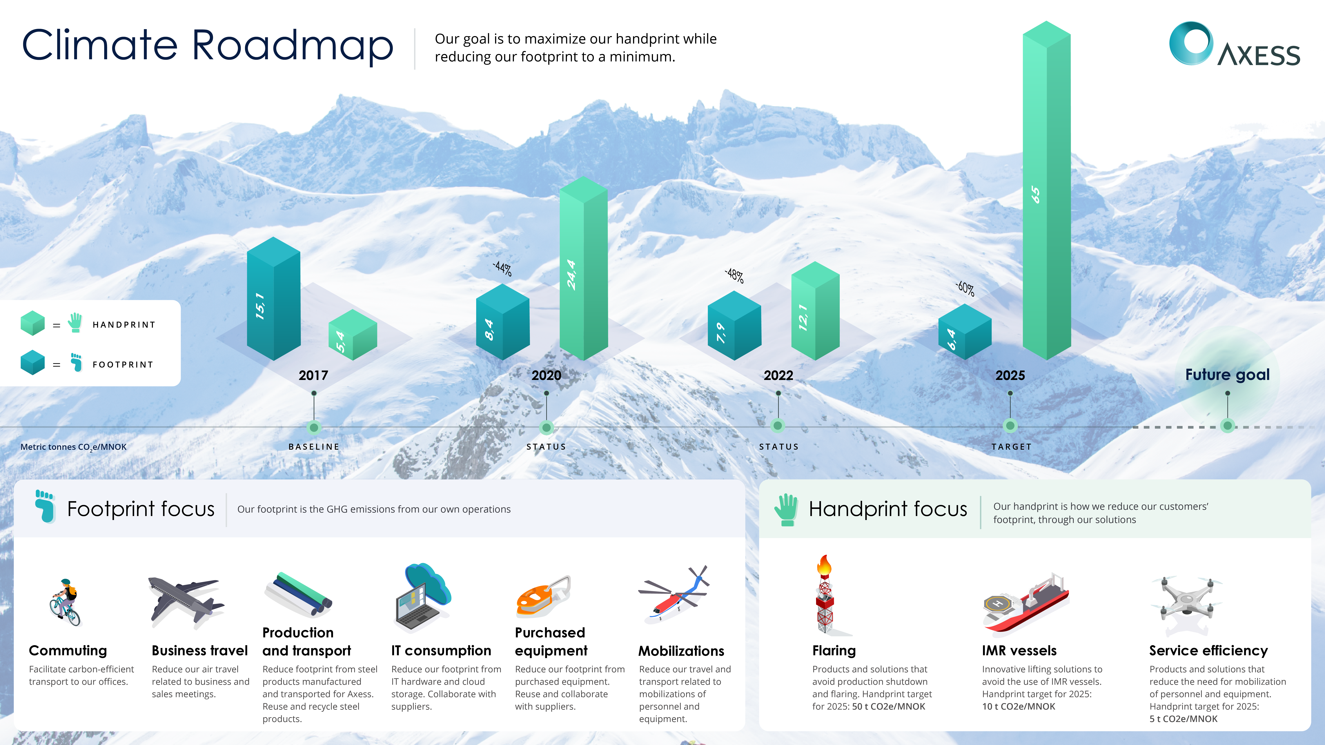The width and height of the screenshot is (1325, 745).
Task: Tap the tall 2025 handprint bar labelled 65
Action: (1047, 190)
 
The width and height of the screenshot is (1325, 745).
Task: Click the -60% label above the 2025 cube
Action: (965, 288)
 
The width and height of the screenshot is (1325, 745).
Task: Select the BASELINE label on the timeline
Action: (314, 447)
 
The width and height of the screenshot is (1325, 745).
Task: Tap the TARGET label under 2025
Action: (1011, 447)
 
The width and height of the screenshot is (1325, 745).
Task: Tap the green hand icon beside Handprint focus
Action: (786, 510)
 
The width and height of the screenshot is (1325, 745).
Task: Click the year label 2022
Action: (778, 375)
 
